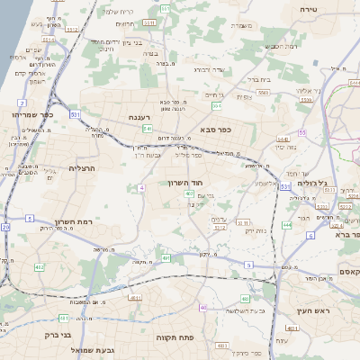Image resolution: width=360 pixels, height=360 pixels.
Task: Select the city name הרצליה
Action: (x=81, y=168)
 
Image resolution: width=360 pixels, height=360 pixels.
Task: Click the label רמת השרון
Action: (x=68, y=220)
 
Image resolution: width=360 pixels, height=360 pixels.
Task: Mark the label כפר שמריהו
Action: (x=34, y=115)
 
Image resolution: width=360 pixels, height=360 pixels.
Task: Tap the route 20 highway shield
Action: (x=5, y=228)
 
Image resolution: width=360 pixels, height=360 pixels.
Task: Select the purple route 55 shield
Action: (x=302, y=132)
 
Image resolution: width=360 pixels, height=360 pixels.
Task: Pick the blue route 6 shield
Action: (x=310, y=235)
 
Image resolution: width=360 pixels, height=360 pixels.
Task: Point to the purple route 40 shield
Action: (x=204, y=308)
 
